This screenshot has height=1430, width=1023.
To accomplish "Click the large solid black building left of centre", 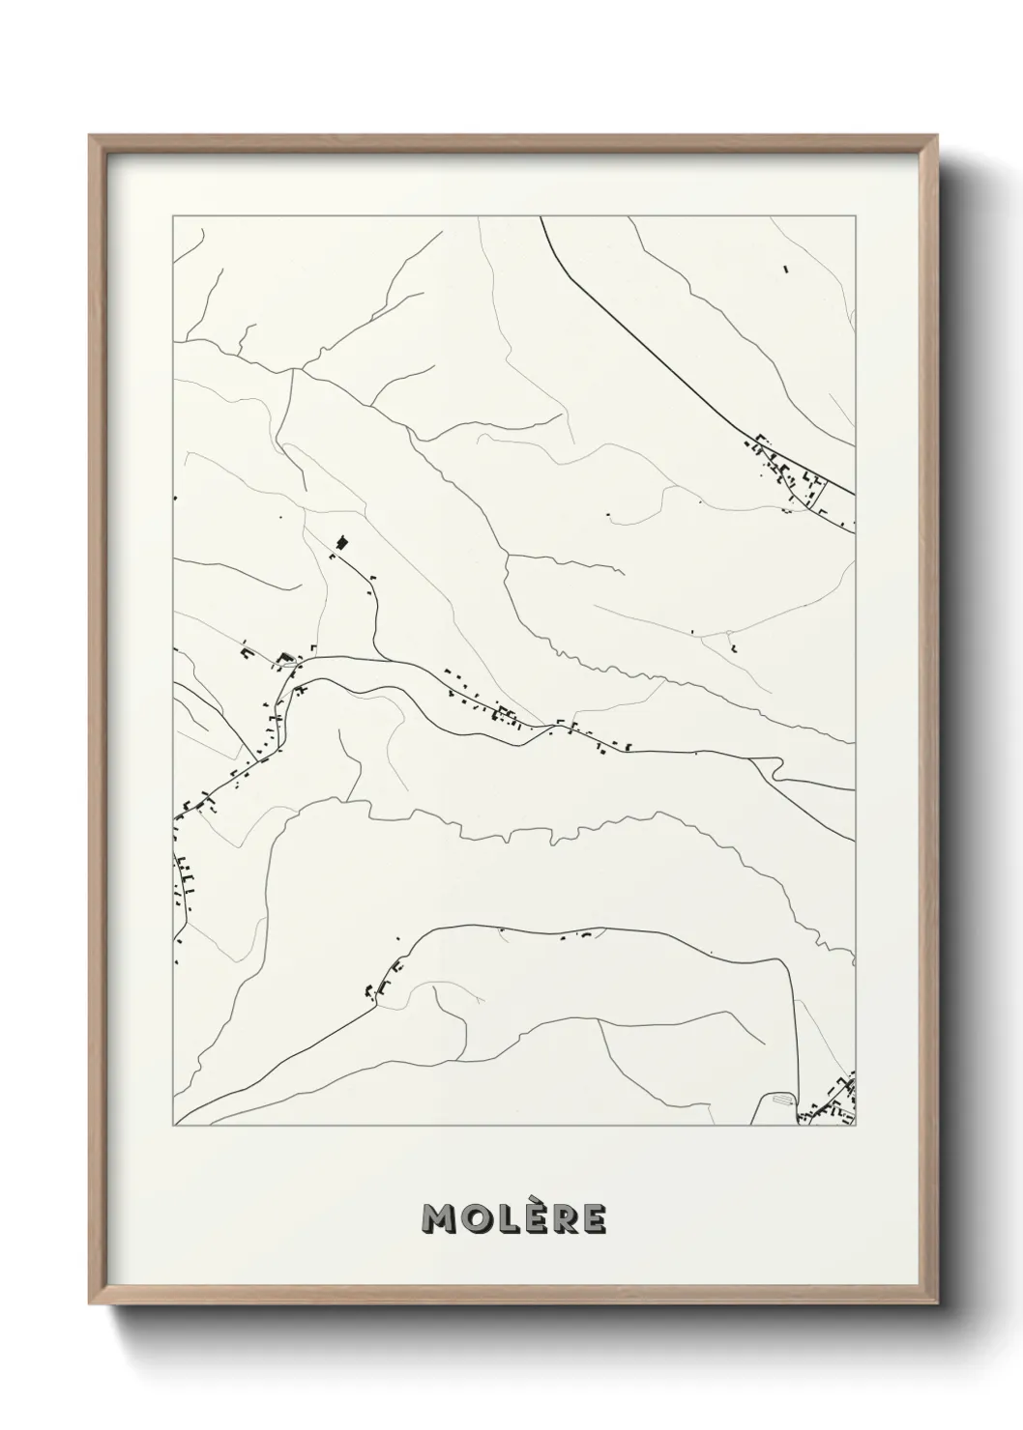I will coord(341,544).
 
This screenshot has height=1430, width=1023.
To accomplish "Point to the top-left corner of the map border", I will coord(173,216).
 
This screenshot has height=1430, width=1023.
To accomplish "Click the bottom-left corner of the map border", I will coord(173,1127).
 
